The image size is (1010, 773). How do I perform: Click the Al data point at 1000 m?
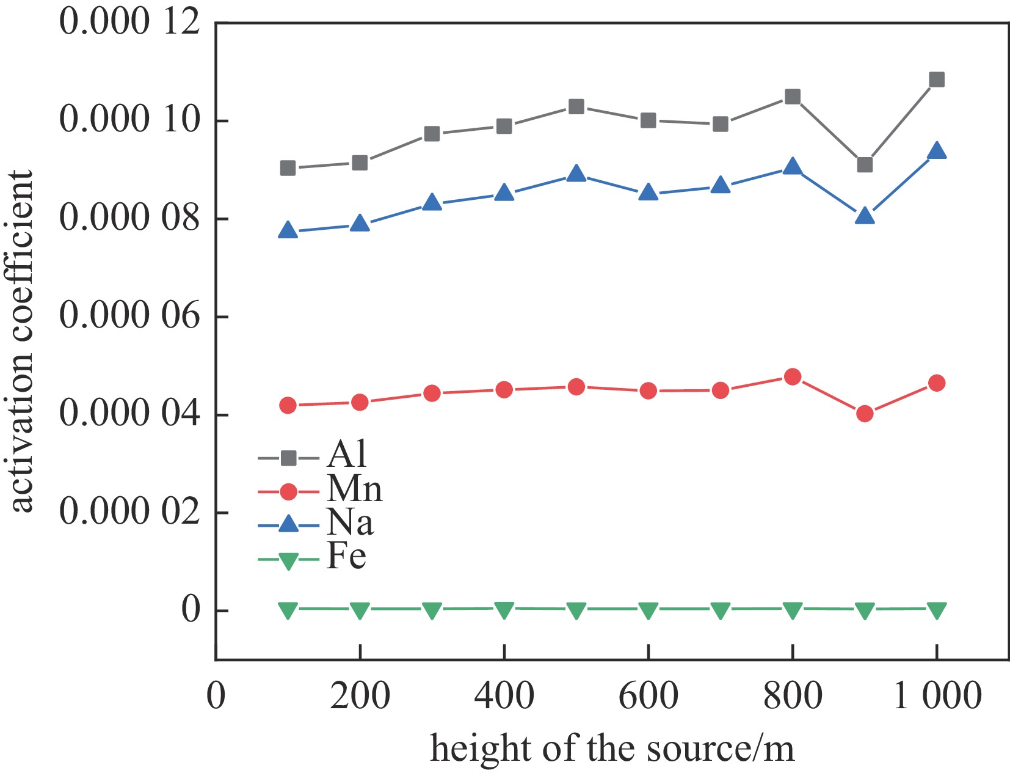tap(936, 79)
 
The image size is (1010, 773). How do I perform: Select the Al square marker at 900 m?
tap(864, 165)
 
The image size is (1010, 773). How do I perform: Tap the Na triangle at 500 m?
tap(576, 174)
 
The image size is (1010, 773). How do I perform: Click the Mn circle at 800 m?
tap(792, 376)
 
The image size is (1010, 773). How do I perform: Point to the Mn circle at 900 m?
tap(864, 414)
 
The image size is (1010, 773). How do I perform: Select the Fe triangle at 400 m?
tap(504, 609)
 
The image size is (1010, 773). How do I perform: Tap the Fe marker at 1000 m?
tap(936, 609)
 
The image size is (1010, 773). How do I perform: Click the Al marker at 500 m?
tap(576, 107)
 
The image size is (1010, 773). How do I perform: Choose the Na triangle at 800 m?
tap(792, 167)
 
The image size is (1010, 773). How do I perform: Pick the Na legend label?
tap(350, 522)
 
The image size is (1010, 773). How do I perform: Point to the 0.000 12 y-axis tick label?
tap(129, 22)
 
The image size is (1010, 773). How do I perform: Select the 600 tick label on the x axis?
tap(648, 696)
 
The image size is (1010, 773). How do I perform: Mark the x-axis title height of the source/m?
tap(612, 749)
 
